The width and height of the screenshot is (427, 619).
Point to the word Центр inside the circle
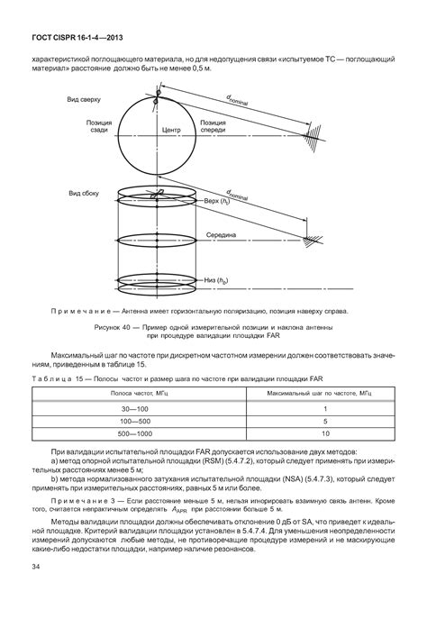click(x=171, y=130)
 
